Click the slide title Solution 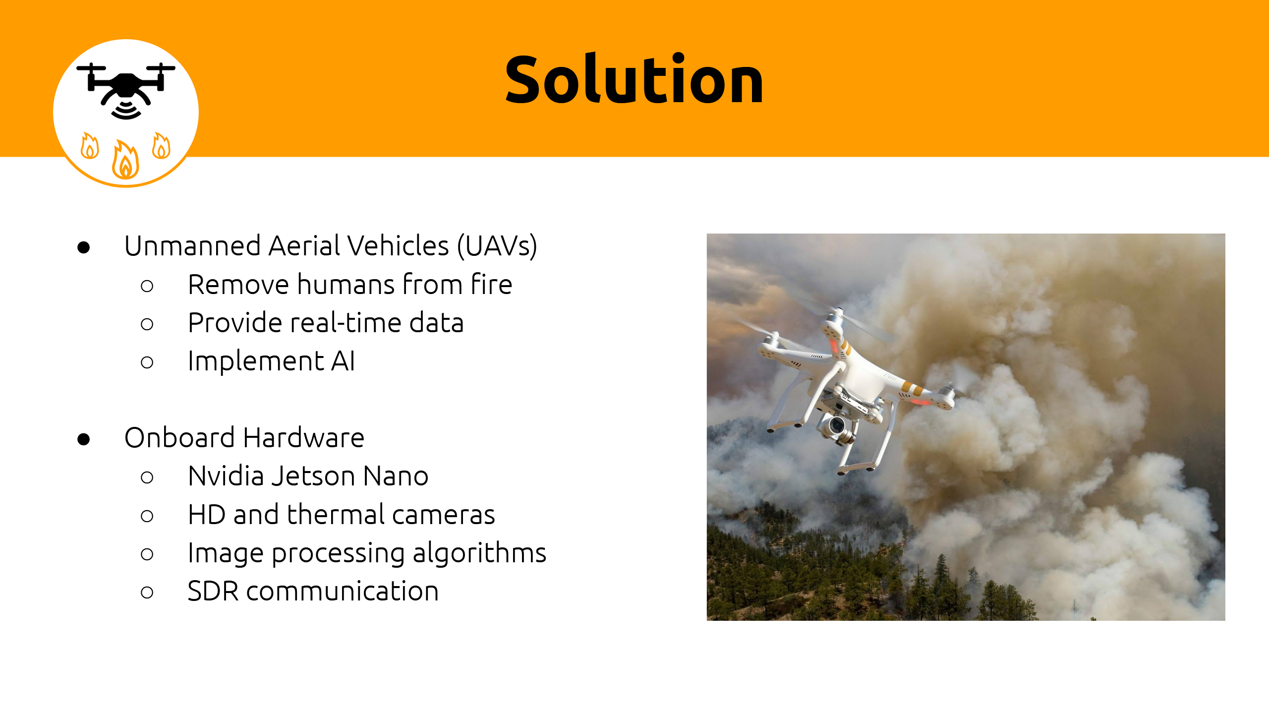(634, 79)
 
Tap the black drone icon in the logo (126, 91)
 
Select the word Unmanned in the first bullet (192, 246)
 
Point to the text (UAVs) (497, 246)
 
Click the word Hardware (304, 438)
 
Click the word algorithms (479, 553)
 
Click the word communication (343, 592)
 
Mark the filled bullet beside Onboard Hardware (84, 439)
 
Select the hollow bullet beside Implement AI (147, 362)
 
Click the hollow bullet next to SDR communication (147, 593)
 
